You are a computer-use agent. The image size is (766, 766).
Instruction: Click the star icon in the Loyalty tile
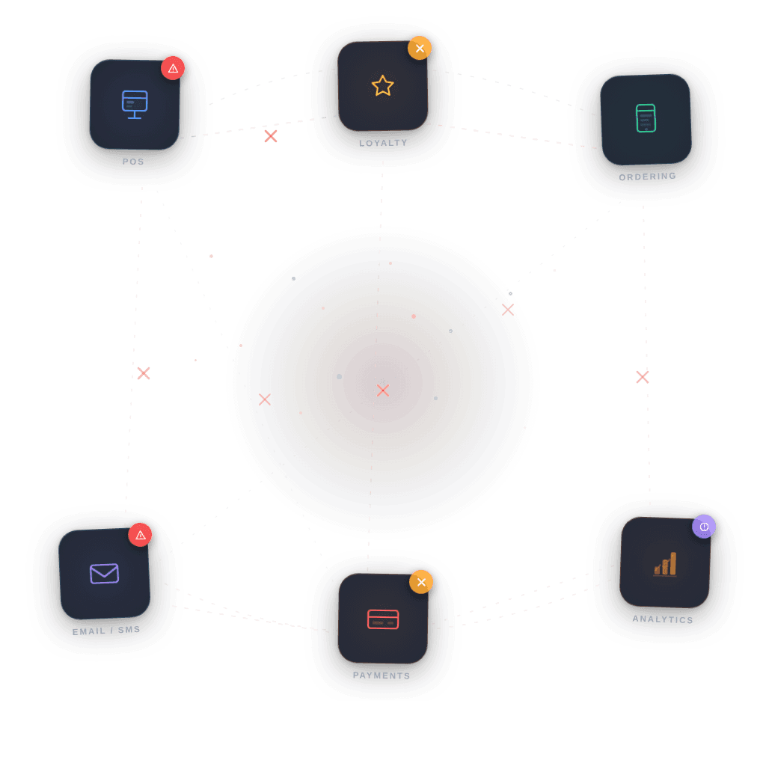point(382,85)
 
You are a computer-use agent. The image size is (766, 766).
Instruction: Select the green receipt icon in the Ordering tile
point(646,118)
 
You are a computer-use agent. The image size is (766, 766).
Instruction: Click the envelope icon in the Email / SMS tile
point(104,574)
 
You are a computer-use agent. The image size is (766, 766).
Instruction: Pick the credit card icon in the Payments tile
point(383,619)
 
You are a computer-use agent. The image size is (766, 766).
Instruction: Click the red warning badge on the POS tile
point(173,68)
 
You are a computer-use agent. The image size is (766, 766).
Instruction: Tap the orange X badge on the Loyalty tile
point(420,49)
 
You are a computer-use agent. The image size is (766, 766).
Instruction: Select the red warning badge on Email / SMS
point(140,535)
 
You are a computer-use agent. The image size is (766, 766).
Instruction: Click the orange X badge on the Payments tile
point(421,582)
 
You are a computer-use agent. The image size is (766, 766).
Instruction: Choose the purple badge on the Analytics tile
point(704,527)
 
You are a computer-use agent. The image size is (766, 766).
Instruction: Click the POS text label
point(133,162)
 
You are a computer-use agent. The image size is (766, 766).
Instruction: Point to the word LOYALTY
point(383,143)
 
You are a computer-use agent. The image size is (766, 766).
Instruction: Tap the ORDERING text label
point(647,177)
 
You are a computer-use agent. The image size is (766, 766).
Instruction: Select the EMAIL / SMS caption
point(106,631)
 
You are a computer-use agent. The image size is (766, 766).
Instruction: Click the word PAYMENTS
point(382,675)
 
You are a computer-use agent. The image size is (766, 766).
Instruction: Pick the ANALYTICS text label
point(663,619)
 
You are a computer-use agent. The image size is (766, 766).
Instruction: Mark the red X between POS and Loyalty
point(271,136)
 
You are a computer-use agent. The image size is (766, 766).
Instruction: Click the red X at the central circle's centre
point(383,390)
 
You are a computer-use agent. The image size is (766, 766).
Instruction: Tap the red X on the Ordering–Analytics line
point(643,377)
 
